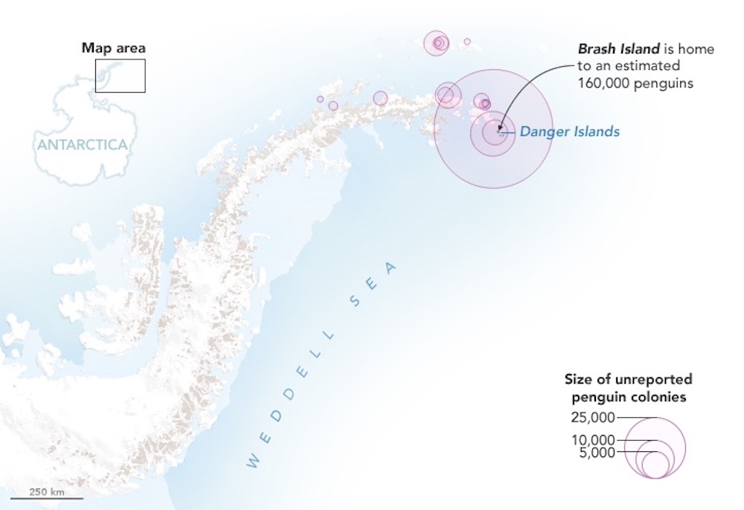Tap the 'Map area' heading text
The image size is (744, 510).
[x=113, y=48]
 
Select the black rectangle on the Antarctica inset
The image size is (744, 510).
[x=120, y=75]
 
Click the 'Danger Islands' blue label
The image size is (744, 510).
[x=569, y=132]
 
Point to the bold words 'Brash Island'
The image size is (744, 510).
[x=618, y=49]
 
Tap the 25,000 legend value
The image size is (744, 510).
[x=592, y=417]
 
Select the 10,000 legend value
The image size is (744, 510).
[x=592, y=440]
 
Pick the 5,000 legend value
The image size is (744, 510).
[x=596, y=452]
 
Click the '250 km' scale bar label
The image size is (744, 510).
[x=46, y=491]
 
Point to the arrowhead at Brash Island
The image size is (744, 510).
[x=499, y=130]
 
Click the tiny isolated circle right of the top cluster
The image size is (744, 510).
[x=467, y=42]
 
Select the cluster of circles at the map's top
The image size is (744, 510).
[x=437, y=42]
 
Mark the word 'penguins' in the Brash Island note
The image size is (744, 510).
[x=668, y=83]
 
